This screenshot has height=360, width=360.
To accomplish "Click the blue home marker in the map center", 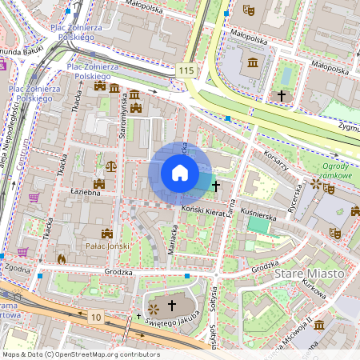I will click(180, 172).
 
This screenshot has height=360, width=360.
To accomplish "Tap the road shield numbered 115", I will click(186, 71).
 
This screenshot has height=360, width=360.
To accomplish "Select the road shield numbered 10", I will click(96, 318).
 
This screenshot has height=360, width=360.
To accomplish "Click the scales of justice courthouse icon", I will click(110, 166).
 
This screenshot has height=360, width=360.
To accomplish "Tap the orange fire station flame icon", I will click(62, 259).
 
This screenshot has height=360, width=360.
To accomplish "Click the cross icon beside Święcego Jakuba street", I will click(171, 306).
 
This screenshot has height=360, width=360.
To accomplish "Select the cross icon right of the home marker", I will click(216, 186).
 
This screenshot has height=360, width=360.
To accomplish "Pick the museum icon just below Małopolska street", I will click(254, 63).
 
